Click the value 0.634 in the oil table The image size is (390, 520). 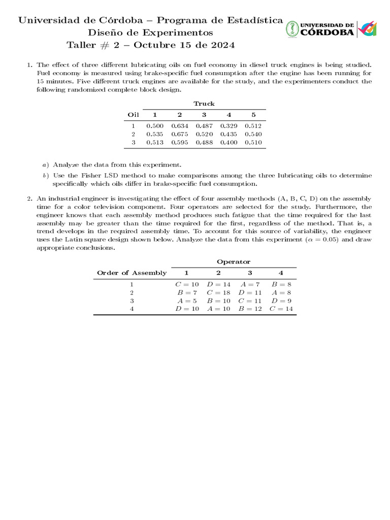pyautogui.click(x=180, y=125)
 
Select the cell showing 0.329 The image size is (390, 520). pyautogui.click(x=229, y=125)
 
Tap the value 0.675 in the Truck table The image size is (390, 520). pyautogui.click(x=180, y=134)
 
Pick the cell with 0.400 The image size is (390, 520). pyautogui.click(x=229, y=143)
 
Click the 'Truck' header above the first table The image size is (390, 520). pyautogui.click(x=204, y=104)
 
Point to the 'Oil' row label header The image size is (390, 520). pyautogui.click(x=133, y=115)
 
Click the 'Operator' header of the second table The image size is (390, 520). pyautogui.click(x=234, y=262)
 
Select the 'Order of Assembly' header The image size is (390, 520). pyautogui.click(x=132, y=273)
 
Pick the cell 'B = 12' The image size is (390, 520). pyautogui.click(x=250, y=309)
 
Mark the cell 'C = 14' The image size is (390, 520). pyautogui.click(x=282, y=309)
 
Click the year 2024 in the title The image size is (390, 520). pyautogui.click(x=221, y=45)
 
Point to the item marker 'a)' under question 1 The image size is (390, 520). pyautogui.click(x=45, y=165)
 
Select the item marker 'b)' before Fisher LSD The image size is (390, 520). pyautogui.click(x=45, y=175)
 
